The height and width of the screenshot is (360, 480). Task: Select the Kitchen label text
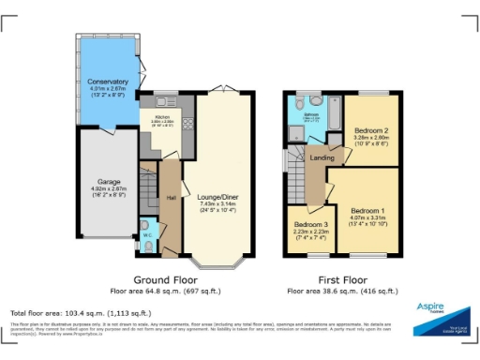(161, 116)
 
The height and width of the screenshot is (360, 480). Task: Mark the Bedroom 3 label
(311, 226)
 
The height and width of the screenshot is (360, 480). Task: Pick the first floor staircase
(298, 177)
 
